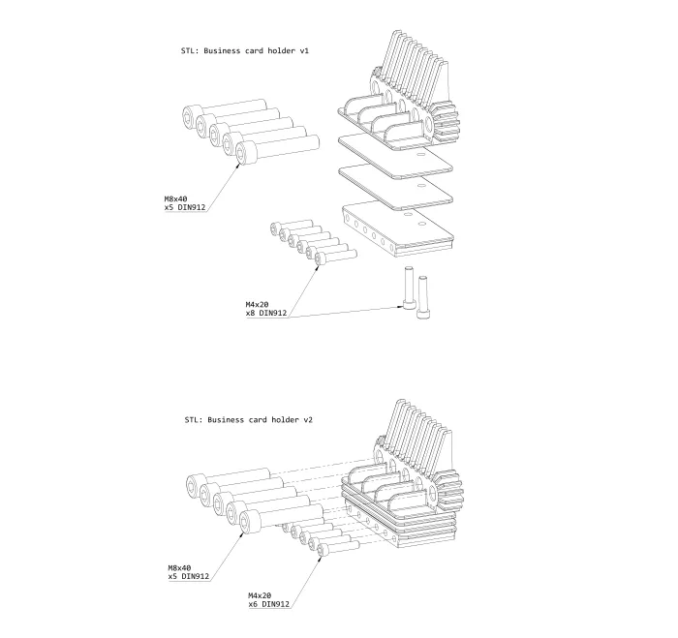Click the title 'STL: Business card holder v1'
(x=245, y=50)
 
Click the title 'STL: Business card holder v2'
(x=248, y=420)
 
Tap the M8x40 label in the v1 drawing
(x=175, y=198)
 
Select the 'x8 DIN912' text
(x=266, y=313)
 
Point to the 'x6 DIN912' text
(x=268, y=604)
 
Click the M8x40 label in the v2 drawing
(x=179, y=568)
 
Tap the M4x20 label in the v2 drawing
(x=260, y=595)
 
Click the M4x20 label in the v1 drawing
(x=257, y=304)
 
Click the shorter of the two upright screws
(x=423, y=297)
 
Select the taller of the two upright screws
(x=409, y=289)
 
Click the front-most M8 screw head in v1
(x=246, y=153)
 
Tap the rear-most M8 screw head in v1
(x=192, y=116)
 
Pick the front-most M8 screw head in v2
(x=250, y=522)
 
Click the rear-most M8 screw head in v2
(x=197, y=485)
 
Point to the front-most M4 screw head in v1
(x=321, y=258)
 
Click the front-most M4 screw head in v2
(x=323, y=550)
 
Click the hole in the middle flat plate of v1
(x=421, y=186)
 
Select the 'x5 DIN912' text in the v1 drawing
(x=185, y=207)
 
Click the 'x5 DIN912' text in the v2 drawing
(x=189, y=576)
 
